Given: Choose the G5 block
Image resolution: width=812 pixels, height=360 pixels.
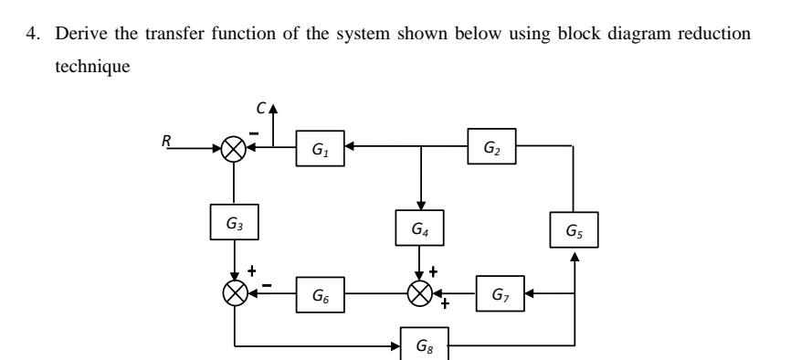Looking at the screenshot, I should click(x=574, y=230).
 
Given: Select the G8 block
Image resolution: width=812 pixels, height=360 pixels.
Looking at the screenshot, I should click(x=424, y=346).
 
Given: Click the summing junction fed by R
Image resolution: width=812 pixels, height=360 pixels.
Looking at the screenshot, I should click(x=235, y=149).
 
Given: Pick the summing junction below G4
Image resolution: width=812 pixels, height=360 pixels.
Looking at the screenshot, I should click(x=419, y=294).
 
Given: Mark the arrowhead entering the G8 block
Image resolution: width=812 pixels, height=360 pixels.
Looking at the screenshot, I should click(x=396, y=346).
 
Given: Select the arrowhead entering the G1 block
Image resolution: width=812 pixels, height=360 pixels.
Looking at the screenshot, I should click(x=347, y=149).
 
